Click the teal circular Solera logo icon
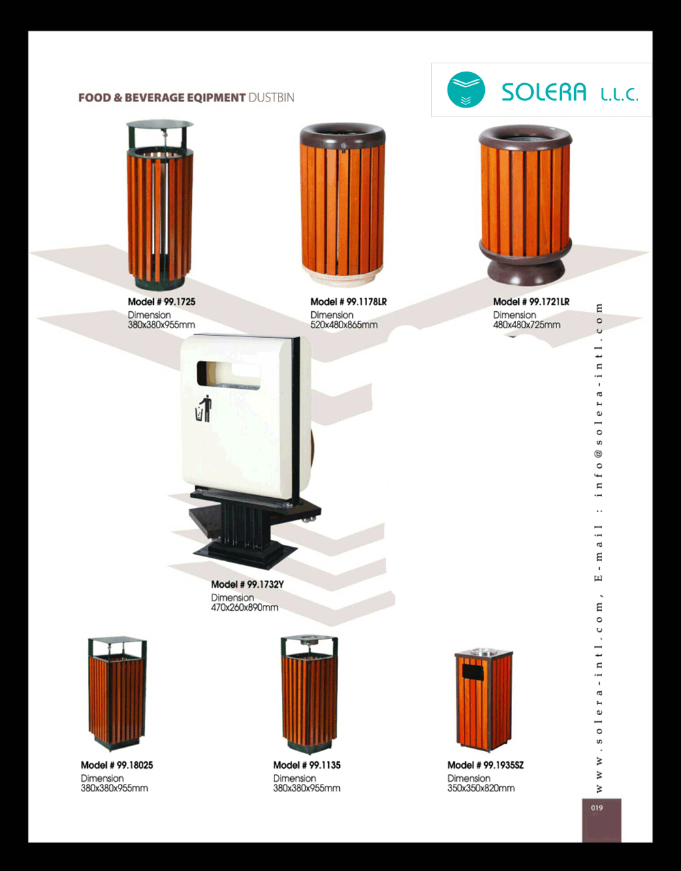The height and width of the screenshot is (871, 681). coord(466,90)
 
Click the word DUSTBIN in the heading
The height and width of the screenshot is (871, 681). coord(271,98)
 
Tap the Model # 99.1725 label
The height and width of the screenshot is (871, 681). coord(161,302)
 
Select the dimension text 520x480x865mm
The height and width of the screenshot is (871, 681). coord(344,325)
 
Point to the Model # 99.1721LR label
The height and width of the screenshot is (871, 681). coord(531,302)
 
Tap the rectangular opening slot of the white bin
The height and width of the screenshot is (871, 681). coord(228,375)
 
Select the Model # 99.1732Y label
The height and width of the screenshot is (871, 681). coord(247,584)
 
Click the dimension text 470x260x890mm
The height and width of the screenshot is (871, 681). coord(244,607)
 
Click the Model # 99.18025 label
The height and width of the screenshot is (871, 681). coord(117,765)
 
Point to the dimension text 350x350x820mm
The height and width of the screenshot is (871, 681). coord(481,789)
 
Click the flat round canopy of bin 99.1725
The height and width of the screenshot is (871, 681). coord(160,124)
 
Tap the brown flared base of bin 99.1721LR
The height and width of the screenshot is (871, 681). coord(526,266)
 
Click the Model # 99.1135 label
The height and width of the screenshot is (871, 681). coord(306,765)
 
